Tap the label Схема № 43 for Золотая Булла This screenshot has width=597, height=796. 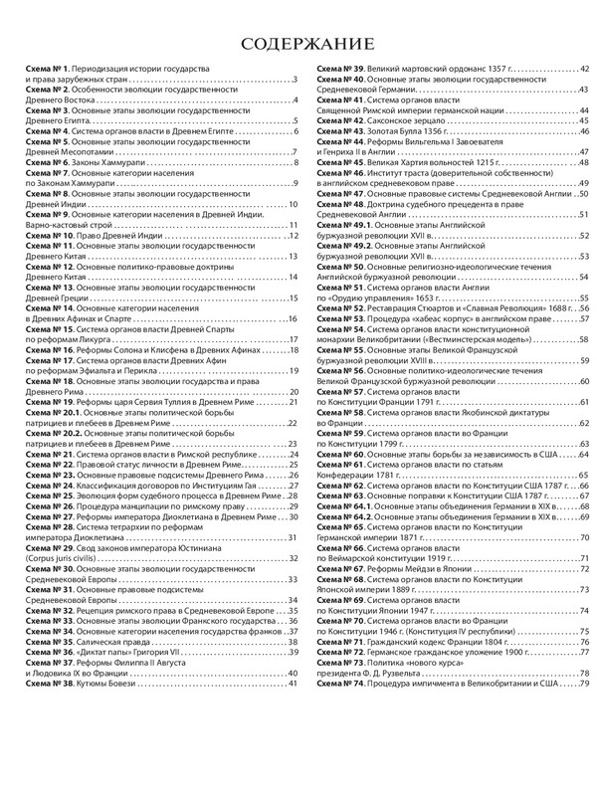point(340,132)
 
